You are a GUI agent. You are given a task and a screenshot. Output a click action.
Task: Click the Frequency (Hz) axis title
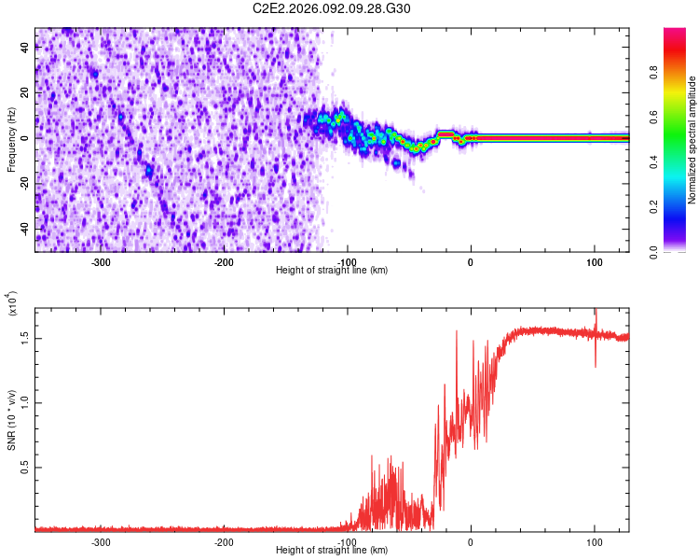[x=11, y=139]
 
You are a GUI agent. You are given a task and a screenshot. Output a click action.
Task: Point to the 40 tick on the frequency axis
[x=25, y=49]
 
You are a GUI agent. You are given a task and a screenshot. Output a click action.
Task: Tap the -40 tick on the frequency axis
[x=25, y=229]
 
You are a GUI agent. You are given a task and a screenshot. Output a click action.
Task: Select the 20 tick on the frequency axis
[x=25, y=93]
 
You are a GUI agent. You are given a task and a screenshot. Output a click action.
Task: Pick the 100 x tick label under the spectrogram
[x=595, y=262]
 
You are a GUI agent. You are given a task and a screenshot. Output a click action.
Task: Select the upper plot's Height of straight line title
[x=332, y=271]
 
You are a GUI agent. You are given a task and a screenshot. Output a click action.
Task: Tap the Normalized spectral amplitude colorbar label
[x=692, y=139]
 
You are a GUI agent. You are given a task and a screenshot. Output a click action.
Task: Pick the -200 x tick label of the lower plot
[x=223, y=542]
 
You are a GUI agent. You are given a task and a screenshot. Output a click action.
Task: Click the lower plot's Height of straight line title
[x=332, y=551]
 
